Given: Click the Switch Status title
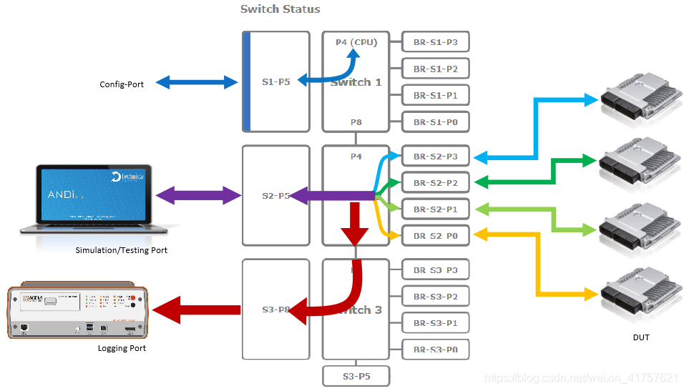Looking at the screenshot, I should tap(280, 9).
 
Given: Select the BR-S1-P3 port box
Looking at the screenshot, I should tap(435, 42).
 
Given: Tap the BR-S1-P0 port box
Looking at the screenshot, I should tap(435, 122).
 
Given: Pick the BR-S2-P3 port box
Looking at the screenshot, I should tap(435, 157).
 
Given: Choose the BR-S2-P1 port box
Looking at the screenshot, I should tap(435, 209).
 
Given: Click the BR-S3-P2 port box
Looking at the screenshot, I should tap(435, 297).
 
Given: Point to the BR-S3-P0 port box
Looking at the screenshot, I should tap(435, 350).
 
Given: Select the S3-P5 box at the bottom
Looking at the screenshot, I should tap(356, 376).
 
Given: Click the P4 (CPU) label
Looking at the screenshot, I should tap(356, 41).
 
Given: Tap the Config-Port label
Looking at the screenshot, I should tap(122, 84).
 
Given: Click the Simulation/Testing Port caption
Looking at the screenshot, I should tap(121, 250).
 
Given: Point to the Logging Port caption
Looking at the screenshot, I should tap(122, 348).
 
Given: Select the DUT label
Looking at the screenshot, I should tap(640, 337).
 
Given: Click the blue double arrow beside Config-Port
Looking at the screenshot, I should tap(197, 81).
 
